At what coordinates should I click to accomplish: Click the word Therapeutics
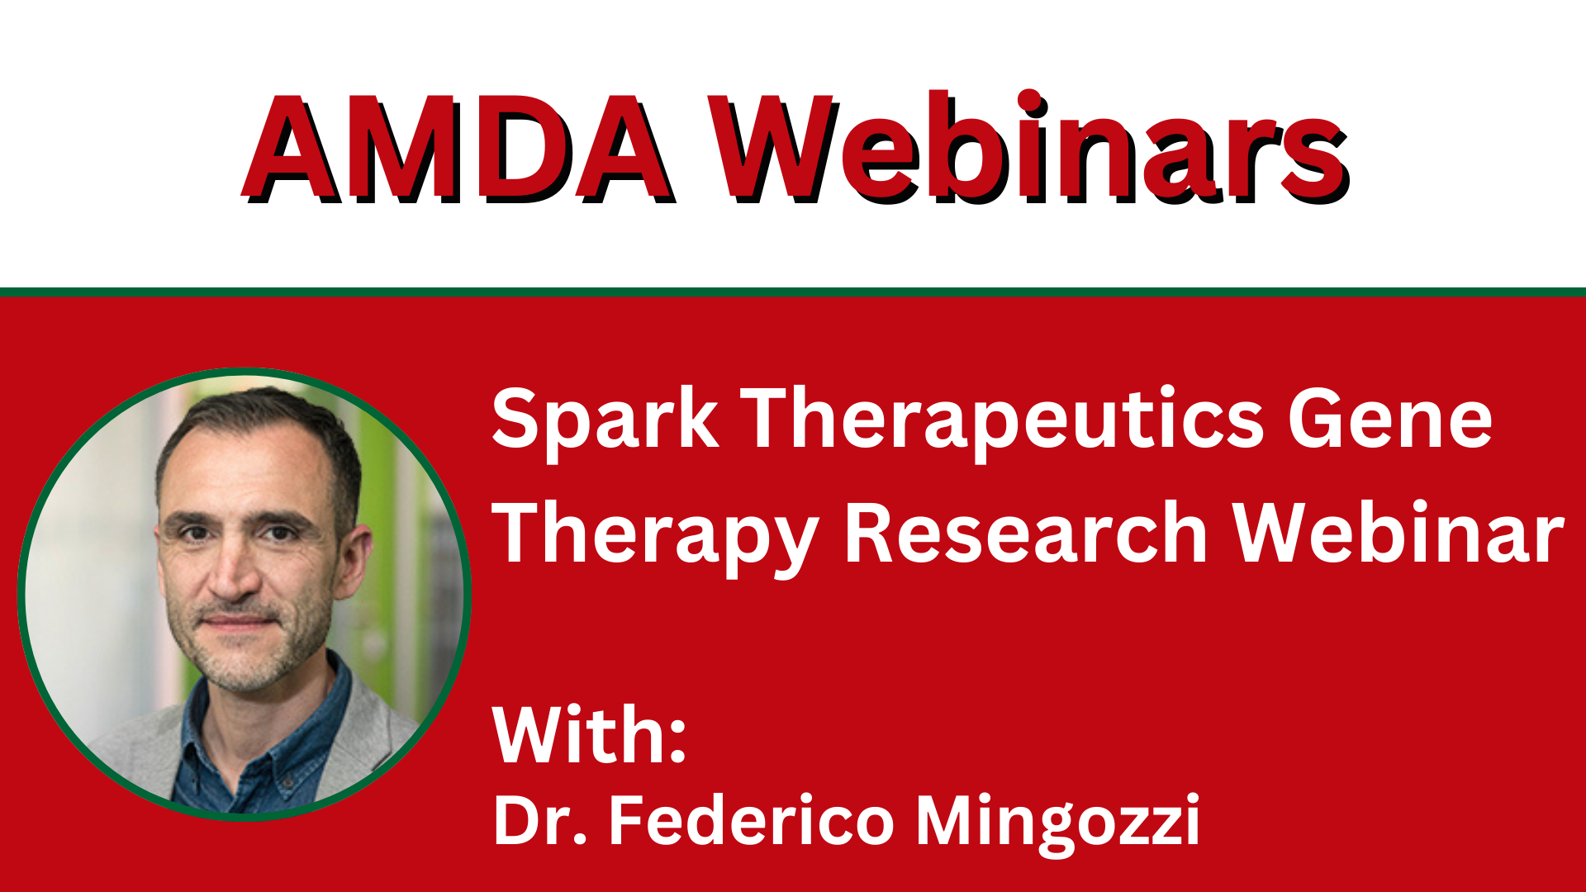(x=1002, y=420)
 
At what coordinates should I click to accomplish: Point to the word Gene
(x=1390, y=420)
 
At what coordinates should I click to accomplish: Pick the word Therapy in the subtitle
(x=655, y=535)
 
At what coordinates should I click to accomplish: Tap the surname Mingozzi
(x=1058, y=824)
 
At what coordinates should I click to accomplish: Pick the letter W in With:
(x=532, y=735)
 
